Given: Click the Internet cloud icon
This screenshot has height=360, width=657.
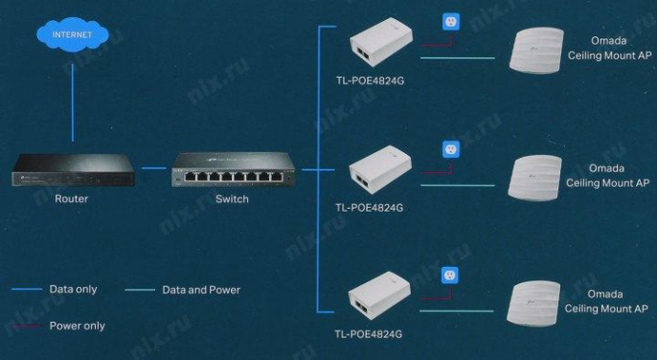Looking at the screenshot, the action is pos(72,35).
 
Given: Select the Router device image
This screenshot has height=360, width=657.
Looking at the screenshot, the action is pos(72,172).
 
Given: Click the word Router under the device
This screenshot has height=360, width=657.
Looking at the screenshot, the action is pos(72,199).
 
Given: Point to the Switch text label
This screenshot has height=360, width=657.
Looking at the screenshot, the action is pos(233,199).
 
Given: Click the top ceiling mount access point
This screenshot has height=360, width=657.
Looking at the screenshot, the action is pos(540,52).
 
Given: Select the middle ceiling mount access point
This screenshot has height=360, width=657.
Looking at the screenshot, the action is pos(540,178).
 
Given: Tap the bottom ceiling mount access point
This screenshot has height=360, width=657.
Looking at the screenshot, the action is pos(540,304).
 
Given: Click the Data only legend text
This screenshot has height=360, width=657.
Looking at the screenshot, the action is pos(74,289).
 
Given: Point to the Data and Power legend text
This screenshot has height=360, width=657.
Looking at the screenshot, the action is pos(201,289).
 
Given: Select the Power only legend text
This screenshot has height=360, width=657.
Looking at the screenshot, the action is pos(78,326).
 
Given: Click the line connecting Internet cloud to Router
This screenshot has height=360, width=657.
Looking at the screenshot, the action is pos(72,101).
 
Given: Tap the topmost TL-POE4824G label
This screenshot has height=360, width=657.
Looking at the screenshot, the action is pos(369,81).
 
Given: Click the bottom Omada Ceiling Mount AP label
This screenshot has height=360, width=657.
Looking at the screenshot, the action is pos(606,302).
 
